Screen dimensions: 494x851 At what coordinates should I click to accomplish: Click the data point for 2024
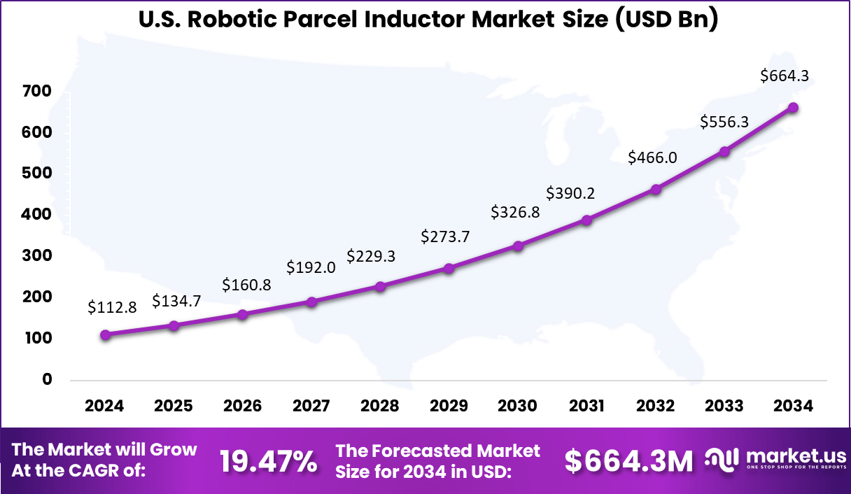tap(105, 335)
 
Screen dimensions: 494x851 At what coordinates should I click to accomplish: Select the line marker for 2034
tap(793, 108)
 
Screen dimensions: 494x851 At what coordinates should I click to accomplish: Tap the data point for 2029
tap(449, 268)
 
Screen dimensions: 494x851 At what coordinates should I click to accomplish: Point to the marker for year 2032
tap(656, 189)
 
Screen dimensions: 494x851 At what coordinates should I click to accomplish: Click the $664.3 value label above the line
tap(785, 76)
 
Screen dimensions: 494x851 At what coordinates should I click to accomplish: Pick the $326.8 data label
tap(515, 211)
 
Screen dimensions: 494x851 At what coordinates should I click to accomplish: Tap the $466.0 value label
tap(652, 157)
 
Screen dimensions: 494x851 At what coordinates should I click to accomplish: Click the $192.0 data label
tap(311, 267)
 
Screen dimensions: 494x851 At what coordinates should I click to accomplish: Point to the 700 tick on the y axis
tap(37, 92)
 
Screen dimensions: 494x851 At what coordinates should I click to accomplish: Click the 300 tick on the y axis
tap(37, 256)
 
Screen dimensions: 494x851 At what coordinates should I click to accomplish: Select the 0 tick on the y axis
tap(47, 379)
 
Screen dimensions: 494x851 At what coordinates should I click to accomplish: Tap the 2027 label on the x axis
tap(311, 407)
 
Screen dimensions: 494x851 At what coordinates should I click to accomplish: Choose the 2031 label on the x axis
tap(586, 407)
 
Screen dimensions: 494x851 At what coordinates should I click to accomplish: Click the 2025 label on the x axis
tap(173, 407)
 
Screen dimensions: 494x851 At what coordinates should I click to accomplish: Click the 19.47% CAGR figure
tap(268, 461)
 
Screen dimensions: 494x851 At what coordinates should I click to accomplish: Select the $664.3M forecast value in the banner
tap(628, 461)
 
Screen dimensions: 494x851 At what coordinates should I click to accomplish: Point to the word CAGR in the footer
tap(104, 471)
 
